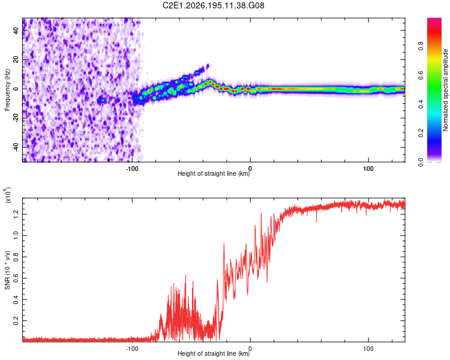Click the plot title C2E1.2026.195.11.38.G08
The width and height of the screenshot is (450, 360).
click(213, 5)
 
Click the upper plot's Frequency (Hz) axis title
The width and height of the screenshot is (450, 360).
click(7, 90)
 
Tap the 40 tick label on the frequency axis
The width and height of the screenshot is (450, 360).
click(16, 30)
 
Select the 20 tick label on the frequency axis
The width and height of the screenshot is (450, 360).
click(16, 59)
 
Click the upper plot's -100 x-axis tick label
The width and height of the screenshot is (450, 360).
click(132, 169)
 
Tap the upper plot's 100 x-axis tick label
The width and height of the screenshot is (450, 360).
click(368, 169)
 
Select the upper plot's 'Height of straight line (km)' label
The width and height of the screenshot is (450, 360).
click(214, 173)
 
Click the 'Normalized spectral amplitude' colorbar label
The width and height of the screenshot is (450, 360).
click(445, 90)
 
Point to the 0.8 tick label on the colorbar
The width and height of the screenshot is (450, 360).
click(421, 46)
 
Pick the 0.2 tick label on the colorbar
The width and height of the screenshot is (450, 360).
click(421, 133)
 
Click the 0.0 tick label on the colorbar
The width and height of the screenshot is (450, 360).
click(421, 162)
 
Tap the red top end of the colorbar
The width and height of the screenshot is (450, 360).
click(434, 19)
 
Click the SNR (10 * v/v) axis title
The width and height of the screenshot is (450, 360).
click(7, 270)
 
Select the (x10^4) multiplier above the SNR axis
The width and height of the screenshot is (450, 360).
click(8, 195)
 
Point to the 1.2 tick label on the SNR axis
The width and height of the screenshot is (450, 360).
click(16, 214)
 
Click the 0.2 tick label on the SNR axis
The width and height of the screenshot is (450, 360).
click(16, 320)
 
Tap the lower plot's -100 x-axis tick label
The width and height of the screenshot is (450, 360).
click(132, 349)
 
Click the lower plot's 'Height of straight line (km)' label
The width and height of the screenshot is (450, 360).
click(214, 353)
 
